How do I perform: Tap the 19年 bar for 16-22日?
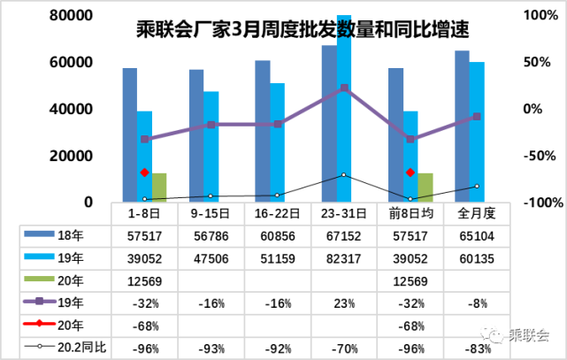click(x=277, y=142)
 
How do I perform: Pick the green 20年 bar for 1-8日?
click(x=159, y=188)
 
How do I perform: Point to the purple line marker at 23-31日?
click(x=344, y=88)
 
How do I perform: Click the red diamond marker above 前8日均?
click(x=410, y=172)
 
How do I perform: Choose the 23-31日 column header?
click(x=344, y=213)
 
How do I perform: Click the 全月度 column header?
click(x=477, y=213)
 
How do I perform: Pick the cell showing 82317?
click(x=344, y=258)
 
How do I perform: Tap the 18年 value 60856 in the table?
click(x=277, y=235)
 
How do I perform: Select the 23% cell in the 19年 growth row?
click(x=344, y=303)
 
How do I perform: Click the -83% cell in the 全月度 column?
click(x=477, y=348)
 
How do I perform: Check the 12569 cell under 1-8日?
click(x=144, y=281)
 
